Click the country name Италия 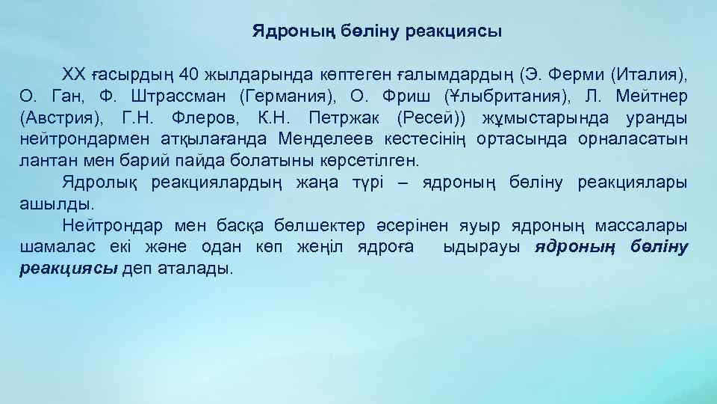tap(648, 75)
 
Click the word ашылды tap(46, 203)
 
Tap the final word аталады tap(196, 268)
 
